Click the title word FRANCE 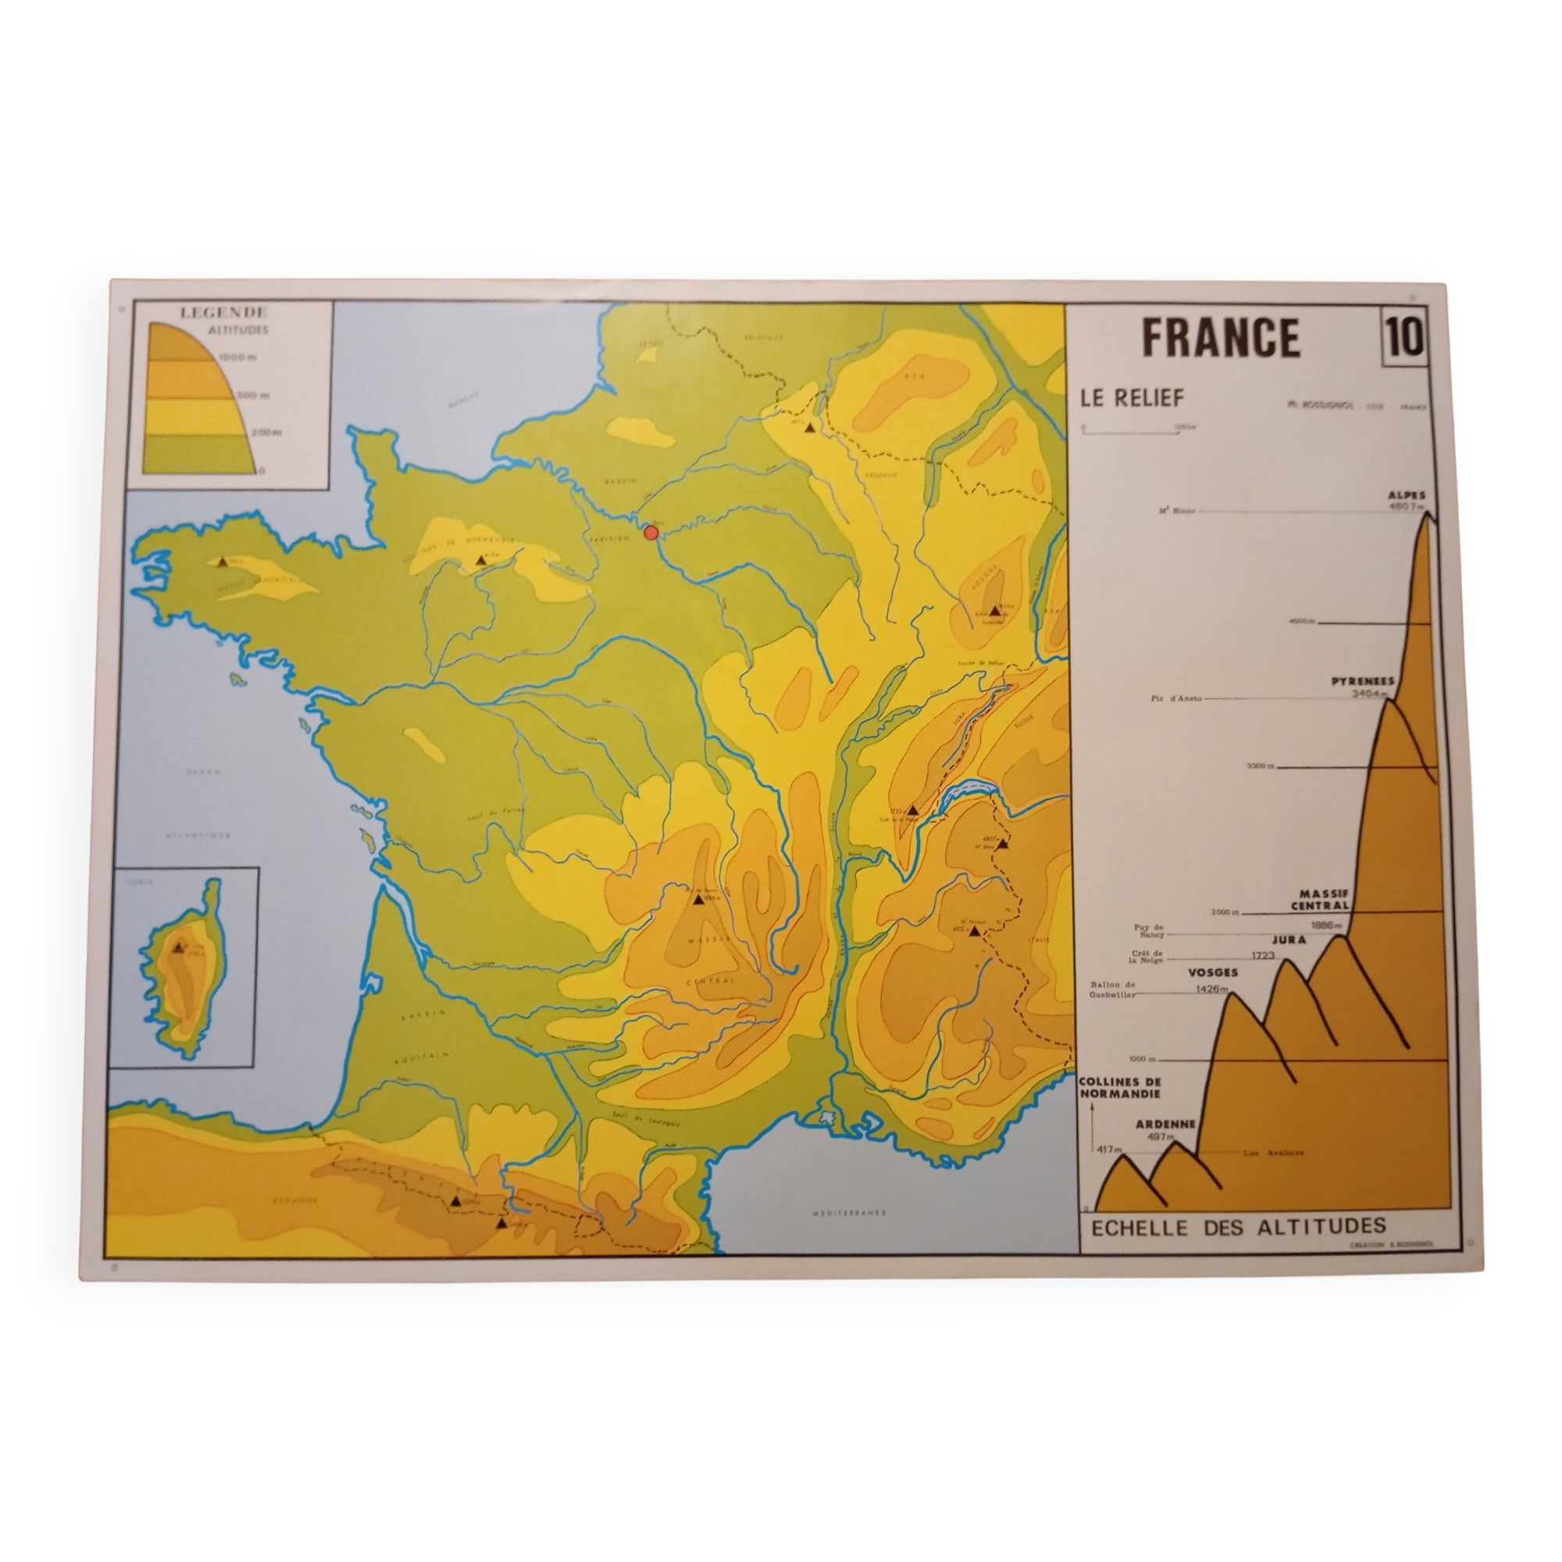coord(1221,338)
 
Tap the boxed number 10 coord(1404,338)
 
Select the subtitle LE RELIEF coord(1132,398)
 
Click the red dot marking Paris coord(651,532)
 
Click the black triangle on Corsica coord(178,947)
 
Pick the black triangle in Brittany coord(223,561)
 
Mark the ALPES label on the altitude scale coord(1407,496)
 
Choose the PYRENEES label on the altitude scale coord(1363,682)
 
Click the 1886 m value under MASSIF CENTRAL coord(1327,925)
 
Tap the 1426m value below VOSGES coord(1212,989)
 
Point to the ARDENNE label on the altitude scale coord(1165,1125)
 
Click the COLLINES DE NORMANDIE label coord(1120,1087)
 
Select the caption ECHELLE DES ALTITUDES coord(1239,1226)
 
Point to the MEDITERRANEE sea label coord(849,1213)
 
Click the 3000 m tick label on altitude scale coord(1258,765)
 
